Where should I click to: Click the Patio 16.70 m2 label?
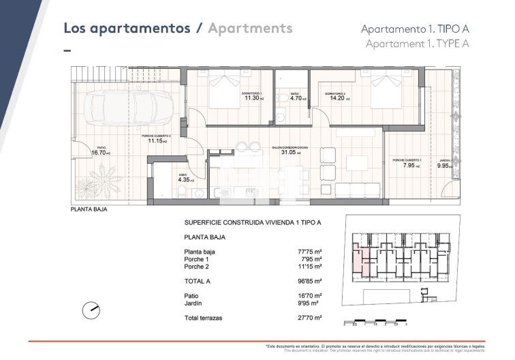(101, 153)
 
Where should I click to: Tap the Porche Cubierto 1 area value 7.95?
(410, 165)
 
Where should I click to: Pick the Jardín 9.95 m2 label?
(444, 165)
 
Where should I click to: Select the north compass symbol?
(91, 310)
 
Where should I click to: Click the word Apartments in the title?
(251, 29)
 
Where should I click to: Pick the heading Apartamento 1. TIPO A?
(415, 29)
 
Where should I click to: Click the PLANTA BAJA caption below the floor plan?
(89, 210)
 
